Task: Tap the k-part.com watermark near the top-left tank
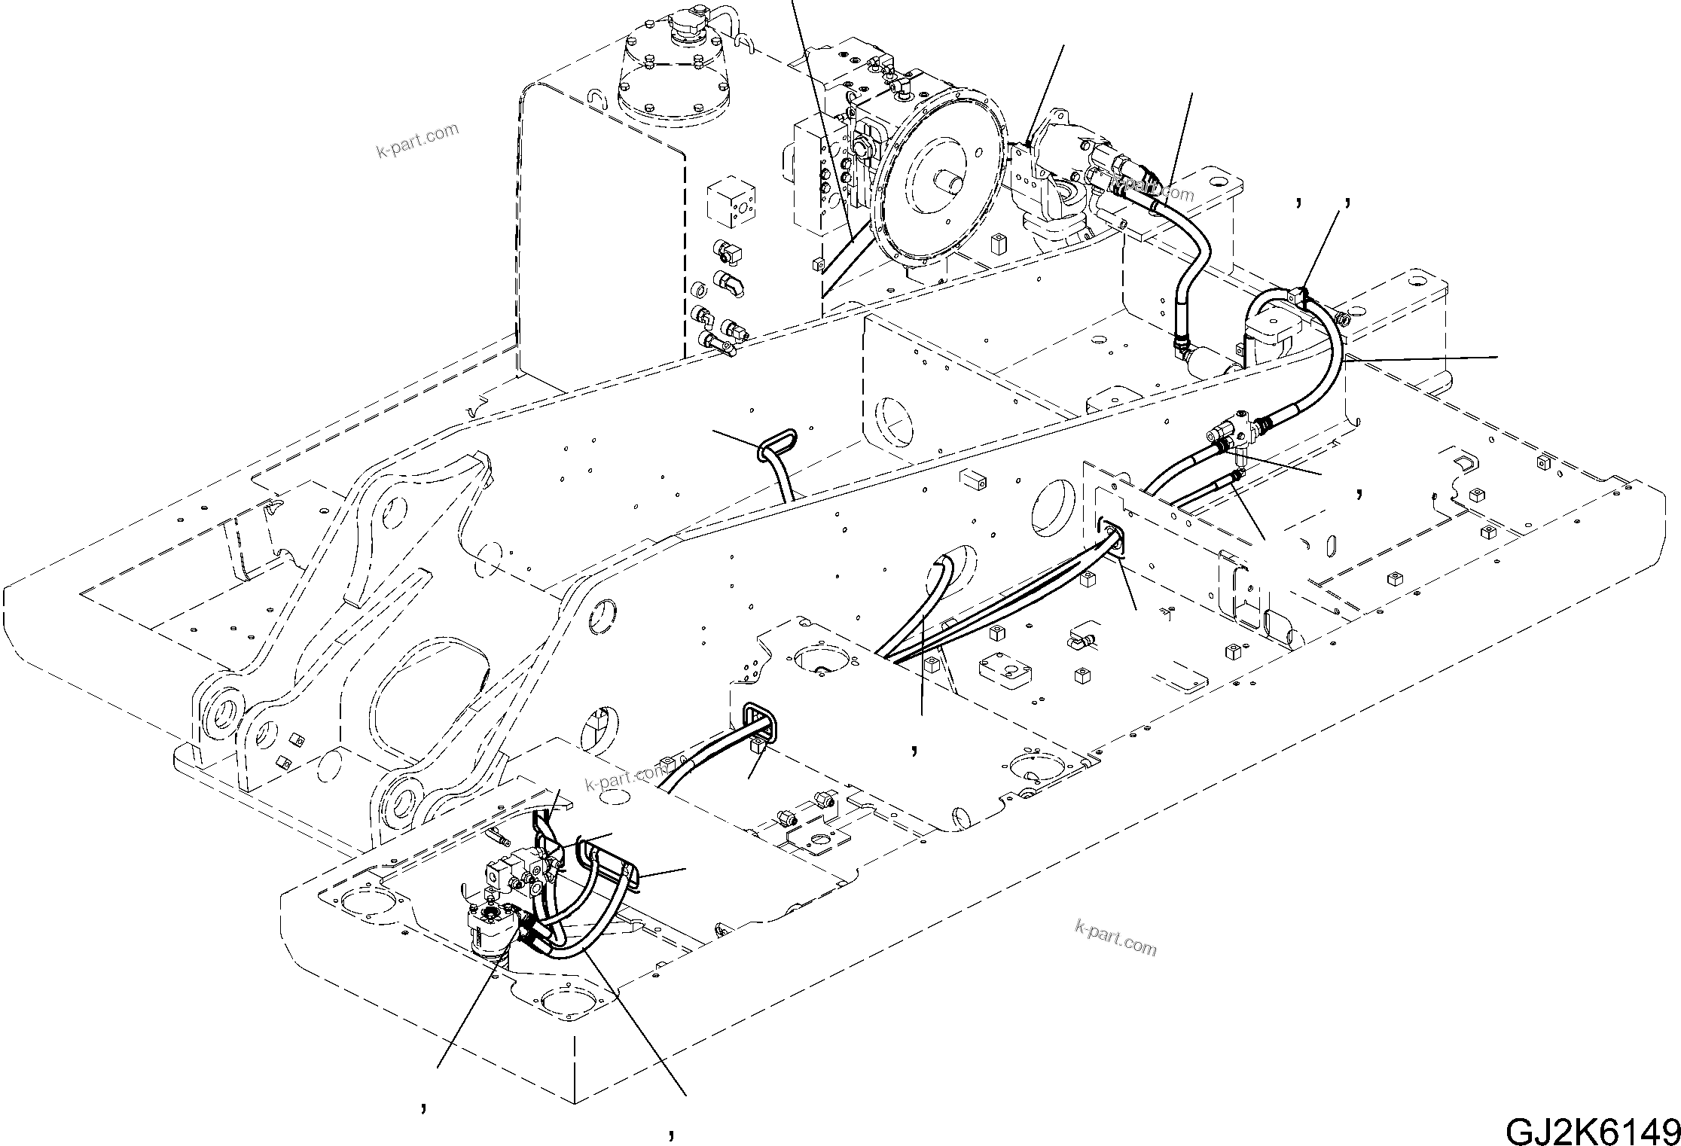417,142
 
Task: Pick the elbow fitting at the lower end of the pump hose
1181,347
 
